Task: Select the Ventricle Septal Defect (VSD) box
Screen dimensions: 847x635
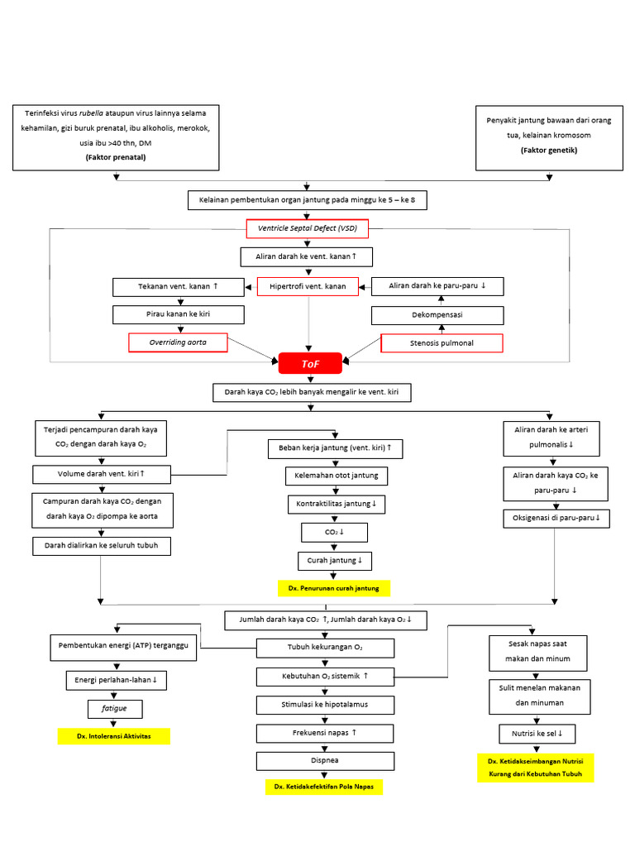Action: tap(308, 227)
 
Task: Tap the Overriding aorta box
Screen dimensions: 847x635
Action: tap(179, 342)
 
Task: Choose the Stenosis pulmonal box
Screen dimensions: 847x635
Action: tap(442, 342)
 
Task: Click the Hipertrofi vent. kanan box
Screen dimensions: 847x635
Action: tap(308, 286)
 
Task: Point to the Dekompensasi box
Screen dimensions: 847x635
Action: tap(437, 315)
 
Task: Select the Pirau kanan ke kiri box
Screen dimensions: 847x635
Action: tap(179, 314)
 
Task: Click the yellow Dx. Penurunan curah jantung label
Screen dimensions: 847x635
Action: tap(333, 588)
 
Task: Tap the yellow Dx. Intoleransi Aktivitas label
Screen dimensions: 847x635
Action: tap(113, 735)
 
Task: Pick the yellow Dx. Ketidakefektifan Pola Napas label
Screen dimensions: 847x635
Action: tap(323, 787)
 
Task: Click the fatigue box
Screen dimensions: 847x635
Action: tap(114, 709)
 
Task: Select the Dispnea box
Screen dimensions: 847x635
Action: tap(313, 760)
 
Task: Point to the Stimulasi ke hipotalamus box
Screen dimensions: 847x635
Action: tap(313, 705)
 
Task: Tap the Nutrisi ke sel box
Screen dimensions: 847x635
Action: tap(537, 734)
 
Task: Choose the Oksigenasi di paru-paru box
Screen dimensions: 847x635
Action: tap(556, 519)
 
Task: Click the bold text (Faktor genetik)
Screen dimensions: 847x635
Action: tap(549, 151)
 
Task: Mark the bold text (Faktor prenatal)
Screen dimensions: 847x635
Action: tap(115, 156)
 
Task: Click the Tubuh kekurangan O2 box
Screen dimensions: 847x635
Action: tap(313, 647)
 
